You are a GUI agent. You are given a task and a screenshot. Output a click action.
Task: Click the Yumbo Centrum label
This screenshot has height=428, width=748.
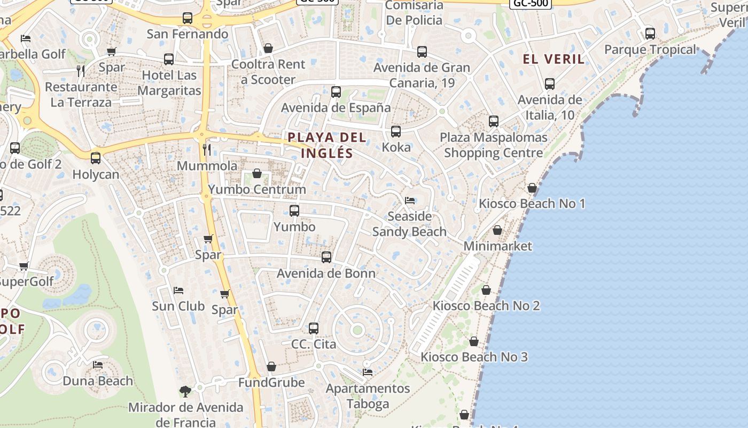[257, 189]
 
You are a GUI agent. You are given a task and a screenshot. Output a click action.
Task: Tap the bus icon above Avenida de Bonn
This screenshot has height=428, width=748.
[326, 257]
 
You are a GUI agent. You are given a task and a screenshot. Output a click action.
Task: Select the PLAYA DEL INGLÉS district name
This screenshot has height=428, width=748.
[327, 145]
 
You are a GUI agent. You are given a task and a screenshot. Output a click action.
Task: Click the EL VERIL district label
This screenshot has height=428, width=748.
[554, 59]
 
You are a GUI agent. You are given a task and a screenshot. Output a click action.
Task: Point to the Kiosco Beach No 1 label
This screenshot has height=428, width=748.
[532, 203]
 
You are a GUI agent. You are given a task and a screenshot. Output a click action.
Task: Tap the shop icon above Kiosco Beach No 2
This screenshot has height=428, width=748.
[486, 290]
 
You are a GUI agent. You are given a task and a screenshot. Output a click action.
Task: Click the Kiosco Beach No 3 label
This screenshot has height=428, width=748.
[474, 357]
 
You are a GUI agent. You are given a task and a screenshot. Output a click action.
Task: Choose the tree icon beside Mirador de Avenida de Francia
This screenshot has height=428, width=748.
[185, 392]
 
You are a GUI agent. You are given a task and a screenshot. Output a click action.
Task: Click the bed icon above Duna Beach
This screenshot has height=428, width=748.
[98, 365]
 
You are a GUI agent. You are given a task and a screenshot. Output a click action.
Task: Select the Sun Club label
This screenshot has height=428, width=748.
[178, 306]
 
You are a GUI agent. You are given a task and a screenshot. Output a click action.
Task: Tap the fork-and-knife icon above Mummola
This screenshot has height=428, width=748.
[207, 149]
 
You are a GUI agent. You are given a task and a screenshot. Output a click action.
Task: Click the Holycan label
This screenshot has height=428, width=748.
[96, 174]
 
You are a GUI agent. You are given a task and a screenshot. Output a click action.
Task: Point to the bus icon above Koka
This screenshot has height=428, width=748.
[396, 132]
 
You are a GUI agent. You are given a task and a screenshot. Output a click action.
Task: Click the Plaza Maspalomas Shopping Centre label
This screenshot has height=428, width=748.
[494, 145]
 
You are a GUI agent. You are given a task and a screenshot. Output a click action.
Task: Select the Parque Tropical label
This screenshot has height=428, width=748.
[650, 50]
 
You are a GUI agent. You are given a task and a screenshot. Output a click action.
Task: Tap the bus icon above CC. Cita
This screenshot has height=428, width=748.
[314, 328]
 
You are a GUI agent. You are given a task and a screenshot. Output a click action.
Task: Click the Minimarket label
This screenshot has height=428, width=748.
[497, 246]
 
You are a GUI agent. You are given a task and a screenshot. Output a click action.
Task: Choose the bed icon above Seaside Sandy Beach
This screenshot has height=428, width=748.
[410, 201]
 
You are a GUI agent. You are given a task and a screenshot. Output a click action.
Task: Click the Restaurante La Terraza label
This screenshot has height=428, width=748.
[81, 94]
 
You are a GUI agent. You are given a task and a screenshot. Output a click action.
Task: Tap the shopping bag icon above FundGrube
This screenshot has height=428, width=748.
[271, 366]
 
